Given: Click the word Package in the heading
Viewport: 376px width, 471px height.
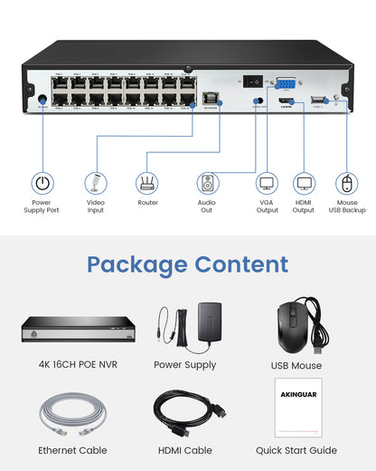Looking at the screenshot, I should tap(138, 264).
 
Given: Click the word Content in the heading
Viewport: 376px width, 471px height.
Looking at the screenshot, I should tap(241, 264).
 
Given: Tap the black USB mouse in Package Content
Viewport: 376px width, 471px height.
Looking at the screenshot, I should tap(296, 321).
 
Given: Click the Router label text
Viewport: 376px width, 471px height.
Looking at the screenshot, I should tap(147, 203).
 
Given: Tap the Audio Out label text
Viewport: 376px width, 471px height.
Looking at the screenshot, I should tap(207, 207).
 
